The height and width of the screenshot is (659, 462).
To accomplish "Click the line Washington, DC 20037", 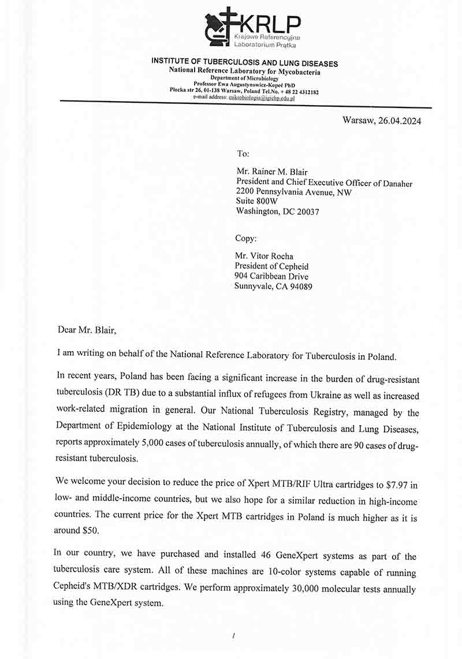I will pos(277,211).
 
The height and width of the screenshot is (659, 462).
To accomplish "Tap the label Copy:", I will pos(246,238).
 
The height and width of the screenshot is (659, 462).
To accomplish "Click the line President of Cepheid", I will pos(271,266).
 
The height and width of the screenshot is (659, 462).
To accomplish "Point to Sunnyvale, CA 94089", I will pos(273,286).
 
